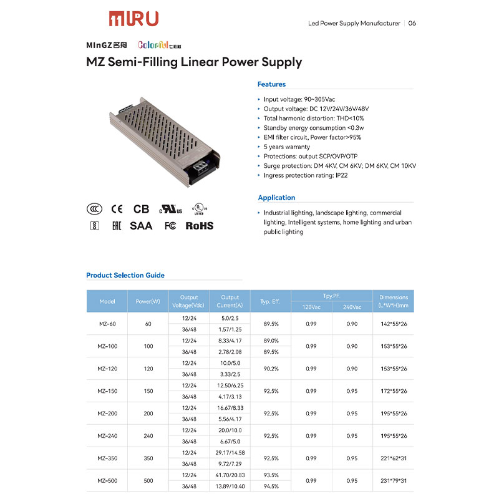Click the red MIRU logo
(133, 19)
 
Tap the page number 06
(412, 24)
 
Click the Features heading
(271, 84)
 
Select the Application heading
(276, 198)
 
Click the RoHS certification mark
(200, 226)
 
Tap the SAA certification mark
(141, 226)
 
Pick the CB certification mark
(142, 210)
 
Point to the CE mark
(117, 210)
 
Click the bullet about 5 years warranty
(286, 147)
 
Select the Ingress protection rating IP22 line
(306, 176)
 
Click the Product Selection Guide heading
(125, 275)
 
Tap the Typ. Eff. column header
(270, 301)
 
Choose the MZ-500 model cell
(107, 481)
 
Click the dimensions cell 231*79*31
(394, 481)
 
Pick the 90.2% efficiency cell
(270, 369)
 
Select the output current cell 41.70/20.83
(230, 475)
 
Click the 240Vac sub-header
(352, 307)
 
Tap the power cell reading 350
(148, 458)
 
